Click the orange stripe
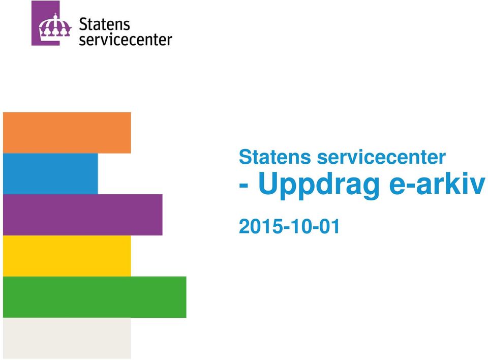pos(67,133)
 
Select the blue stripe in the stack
pos(50,174)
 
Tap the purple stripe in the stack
pos(83,215)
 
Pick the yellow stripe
pos(67,256)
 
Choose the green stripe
pos(95,297)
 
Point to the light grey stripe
pos(67,338)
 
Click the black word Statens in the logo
pos(104,24)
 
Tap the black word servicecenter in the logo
pos(126,40)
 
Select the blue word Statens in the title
pos(275,157)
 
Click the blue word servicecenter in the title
pos(381,157)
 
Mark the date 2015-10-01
pos(289,226)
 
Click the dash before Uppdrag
pos(243,186)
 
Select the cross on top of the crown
pos(55,15)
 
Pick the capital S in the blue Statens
pos(245,157)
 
